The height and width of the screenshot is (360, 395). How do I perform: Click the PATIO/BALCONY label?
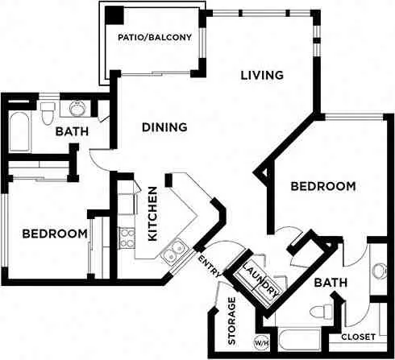[155, 37]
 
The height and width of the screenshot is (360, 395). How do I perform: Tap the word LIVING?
[262, 75]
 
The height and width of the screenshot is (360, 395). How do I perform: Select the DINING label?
[164, 127]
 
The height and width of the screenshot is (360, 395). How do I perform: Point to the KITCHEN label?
[152, 213]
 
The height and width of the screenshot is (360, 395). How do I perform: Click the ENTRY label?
[210, 267]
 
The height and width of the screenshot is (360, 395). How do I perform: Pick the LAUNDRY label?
[260, 280]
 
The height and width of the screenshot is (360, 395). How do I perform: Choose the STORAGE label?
[231, 321]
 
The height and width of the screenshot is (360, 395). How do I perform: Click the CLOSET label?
[358, 337]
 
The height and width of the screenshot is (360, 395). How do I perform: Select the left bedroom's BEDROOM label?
[55, 234]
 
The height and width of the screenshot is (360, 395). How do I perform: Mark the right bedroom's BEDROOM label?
[323, 186]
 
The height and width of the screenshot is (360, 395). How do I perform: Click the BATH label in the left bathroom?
[72, 131]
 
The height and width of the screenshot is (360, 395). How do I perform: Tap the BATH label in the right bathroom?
[331, 283]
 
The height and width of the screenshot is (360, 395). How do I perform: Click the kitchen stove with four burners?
[127, 238]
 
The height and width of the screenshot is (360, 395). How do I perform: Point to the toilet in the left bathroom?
[48, 113]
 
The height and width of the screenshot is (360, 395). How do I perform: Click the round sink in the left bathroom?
[78, 108]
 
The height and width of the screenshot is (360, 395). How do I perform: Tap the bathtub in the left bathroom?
[19, 132]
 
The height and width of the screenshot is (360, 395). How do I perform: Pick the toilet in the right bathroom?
[322, 312]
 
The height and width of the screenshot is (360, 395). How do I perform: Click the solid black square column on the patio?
[114, 15]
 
